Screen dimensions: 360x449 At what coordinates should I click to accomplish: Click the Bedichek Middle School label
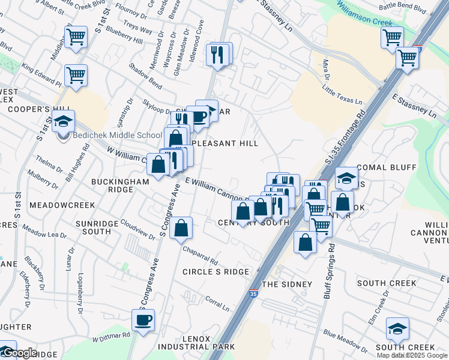[x=117, y=135]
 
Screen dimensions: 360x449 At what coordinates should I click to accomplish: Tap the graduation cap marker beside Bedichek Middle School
[x=63, y=122]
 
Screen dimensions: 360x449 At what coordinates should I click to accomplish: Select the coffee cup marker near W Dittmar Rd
[x=143, y=321]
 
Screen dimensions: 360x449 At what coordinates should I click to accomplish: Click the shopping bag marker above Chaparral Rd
[x=181, y=229]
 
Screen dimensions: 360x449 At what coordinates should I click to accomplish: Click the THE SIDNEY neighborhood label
[x=287, y=284]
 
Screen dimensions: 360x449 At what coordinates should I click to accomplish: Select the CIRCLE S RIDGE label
[x=215, y=272]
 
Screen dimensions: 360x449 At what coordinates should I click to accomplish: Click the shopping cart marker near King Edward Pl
[x=76, y=76]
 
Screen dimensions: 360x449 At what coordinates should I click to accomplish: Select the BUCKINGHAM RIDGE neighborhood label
[x=112, y=185]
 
